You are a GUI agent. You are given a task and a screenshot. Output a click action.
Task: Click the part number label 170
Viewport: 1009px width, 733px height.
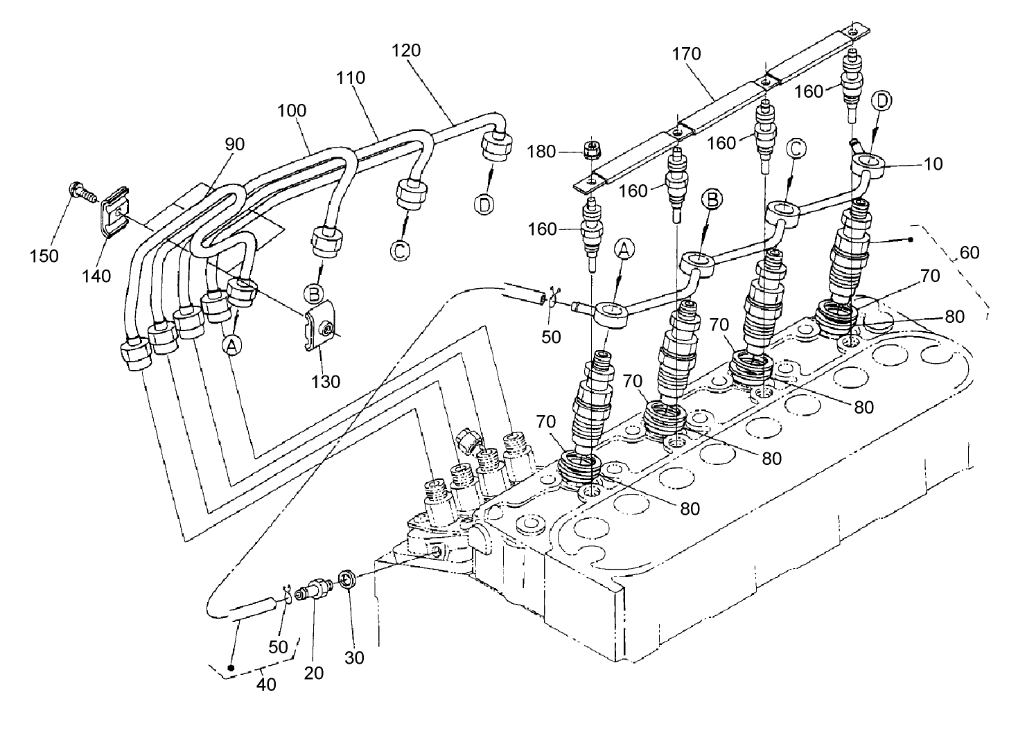pos(686,53)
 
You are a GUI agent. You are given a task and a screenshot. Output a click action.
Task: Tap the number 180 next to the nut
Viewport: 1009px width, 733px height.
pos(541,151)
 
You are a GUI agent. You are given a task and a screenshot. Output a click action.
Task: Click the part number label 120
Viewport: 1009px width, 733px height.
pos(405,50)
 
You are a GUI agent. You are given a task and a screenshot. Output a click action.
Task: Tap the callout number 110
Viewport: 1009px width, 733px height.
pos(351,78)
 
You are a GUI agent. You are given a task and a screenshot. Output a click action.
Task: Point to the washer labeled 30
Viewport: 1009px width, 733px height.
pos(348,579)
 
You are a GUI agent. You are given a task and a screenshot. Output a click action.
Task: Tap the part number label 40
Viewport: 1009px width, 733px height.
pos(266,685)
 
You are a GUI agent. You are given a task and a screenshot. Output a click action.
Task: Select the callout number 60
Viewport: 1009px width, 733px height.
pos(969,253)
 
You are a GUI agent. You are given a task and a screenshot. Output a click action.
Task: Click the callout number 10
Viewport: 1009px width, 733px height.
pos(933,164)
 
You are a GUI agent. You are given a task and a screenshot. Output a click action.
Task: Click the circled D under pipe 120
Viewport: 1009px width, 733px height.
pos(485,205)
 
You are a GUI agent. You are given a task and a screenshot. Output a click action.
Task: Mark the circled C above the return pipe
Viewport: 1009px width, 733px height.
pos(796,148)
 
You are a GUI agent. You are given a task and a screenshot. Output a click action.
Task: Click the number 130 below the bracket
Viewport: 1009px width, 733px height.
pos(326,381)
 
